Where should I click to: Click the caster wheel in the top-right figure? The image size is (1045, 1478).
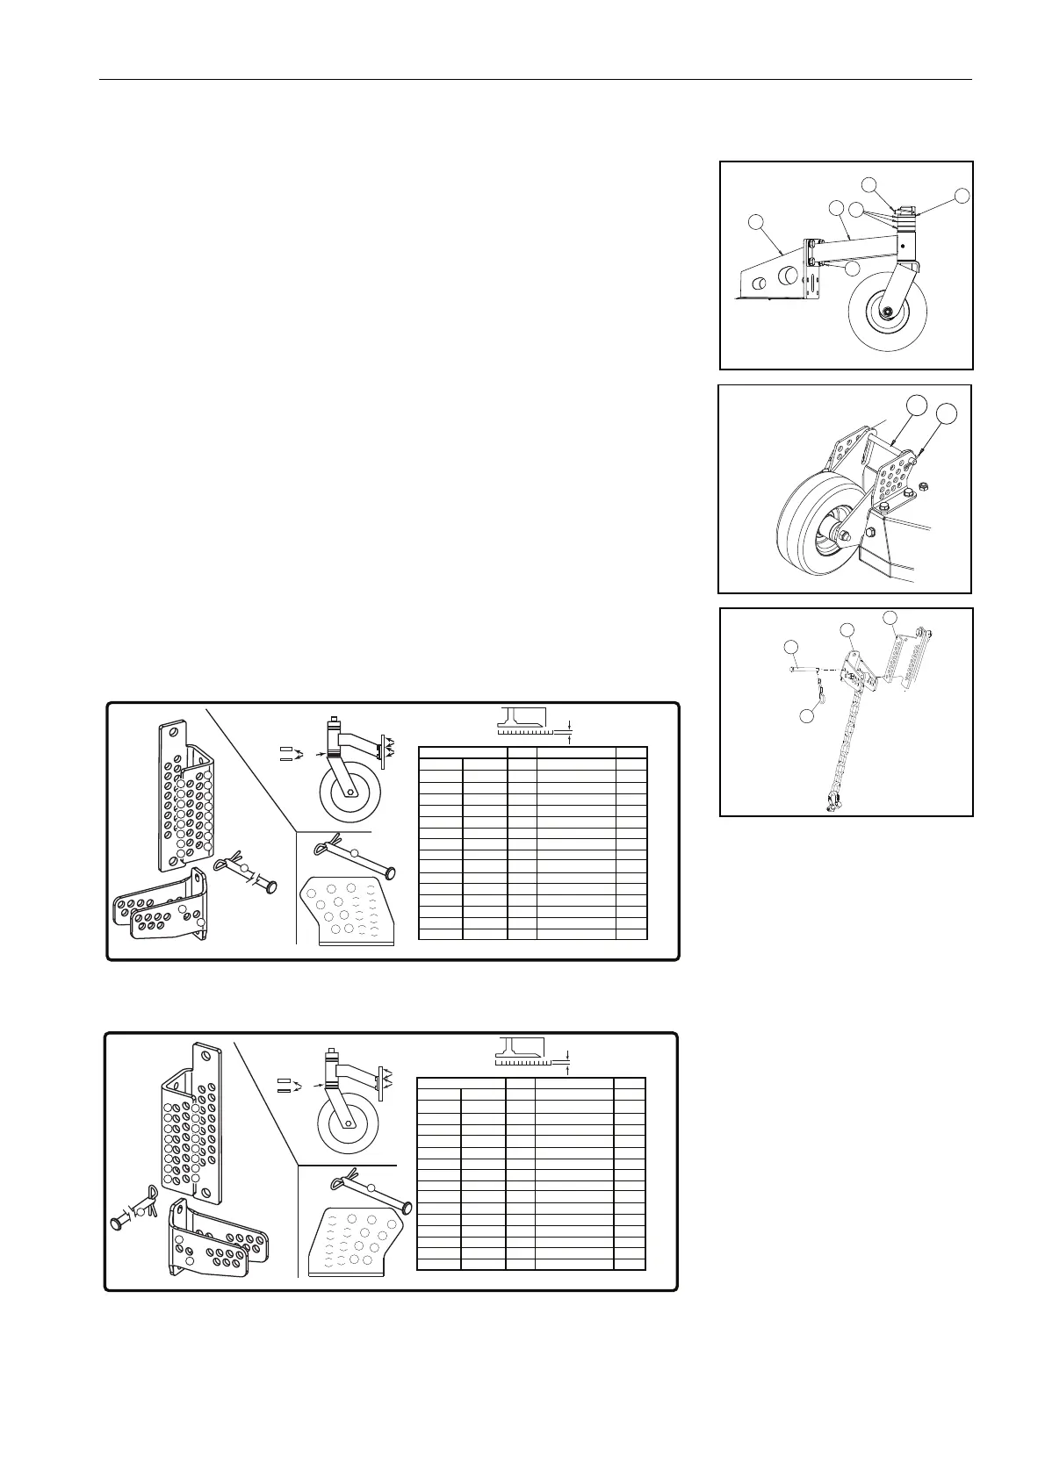tap(887, 312)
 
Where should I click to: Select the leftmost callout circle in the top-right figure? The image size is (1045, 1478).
tap(756, 224)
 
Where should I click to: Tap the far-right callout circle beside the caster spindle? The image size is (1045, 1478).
tap(962, 196)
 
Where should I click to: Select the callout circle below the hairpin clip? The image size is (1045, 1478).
tap(808, 717)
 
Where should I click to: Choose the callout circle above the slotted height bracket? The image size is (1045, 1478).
tap(890, 617)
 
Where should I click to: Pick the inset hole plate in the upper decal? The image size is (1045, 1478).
tap(347, 910)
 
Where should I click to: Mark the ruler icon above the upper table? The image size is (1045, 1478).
tap(523, 721)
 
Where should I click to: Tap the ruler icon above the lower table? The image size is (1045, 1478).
tap(522, 1050)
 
